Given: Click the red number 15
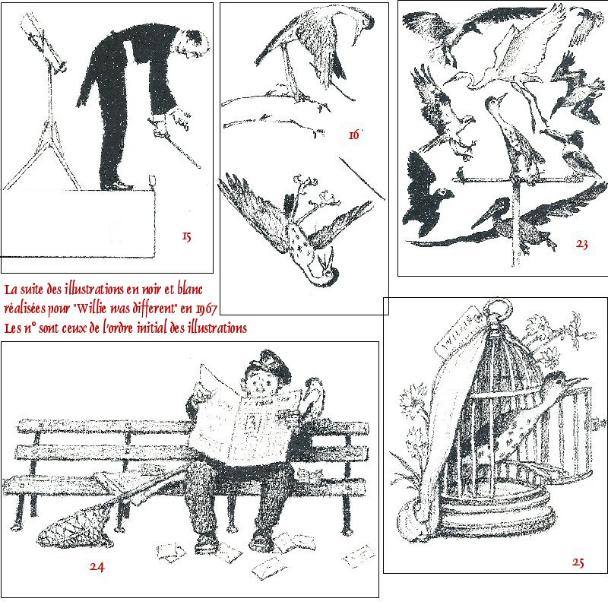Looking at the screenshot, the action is click(187, 236).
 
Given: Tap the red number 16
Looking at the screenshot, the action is click(354, 135).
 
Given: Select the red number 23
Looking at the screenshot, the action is click(581, 244).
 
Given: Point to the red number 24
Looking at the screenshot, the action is click(97, 566).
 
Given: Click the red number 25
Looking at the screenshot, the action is click(578, 562).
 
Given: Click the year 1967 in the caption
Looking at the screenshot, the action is click(206, 309).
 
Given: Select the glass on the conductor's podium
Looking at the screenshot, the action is click(151, 182).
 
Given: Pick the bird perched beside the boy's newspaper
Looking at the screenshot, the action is click(313, 400).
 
